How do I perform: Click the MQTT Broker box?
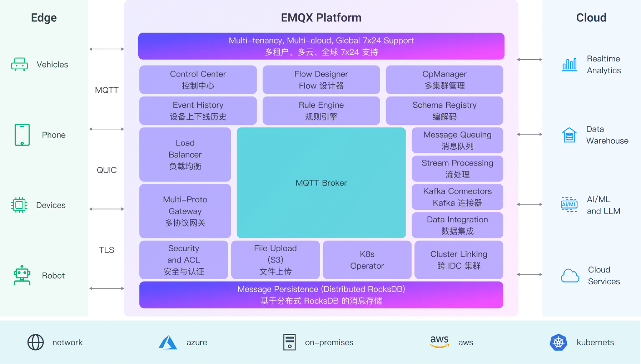[321, 183]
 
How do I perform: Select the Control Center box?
[198, 79]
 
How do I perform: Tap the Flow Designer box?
[321, 79]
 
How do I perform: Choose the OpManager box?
[444, 79]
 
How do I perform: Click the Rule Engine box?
[321, 111]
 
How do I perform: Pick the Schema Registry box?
[444, 111]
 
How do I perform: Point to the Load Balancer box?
[185, 155]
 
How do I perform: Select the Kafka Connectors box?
[457, 197]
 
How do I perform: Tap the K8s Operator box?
[367, 260]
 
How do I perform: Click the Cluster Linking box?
[459, 260]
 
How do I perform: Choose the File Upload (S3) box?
[275, 260]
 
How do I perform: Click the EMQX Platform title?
[321, 18]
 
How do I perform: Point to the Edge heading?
[44, 18]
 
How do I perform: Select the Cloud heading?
[591, 18]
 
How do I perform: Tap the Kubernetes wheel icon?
[558, 343]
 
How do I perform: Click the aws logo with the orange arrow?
[439, 342]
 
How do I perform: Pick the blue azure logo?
[168, 343]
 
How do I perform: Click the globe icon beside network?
[35, 342]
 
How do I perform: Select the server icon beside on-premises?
[289, 342]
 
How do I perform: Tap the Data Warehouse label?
[607, 135]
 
